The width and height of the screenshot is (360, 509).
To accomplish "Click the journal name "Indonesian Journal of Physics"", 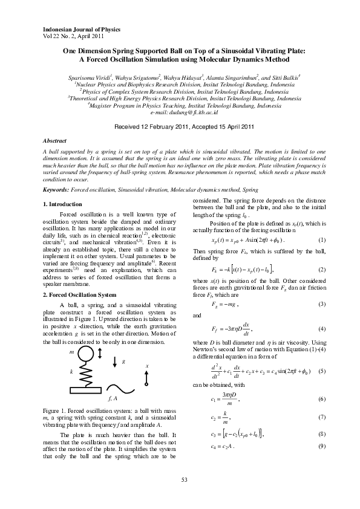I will (x=80, y=29).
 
